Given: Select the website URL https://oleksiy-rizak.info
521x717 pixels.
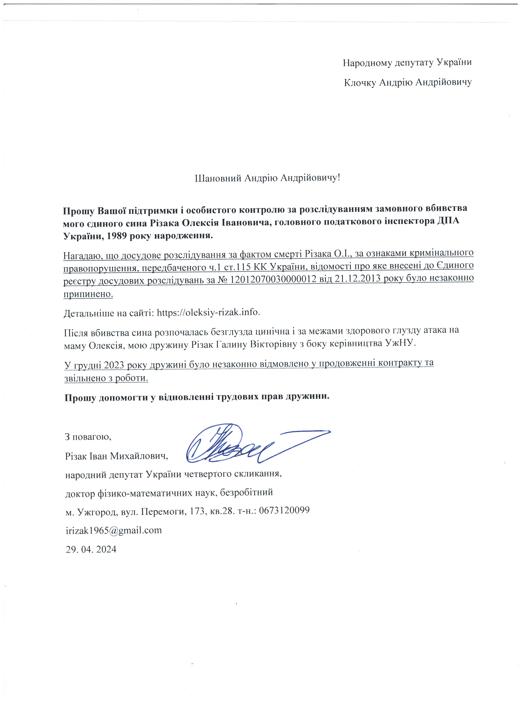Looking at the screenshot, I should [x=209, y=312].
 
